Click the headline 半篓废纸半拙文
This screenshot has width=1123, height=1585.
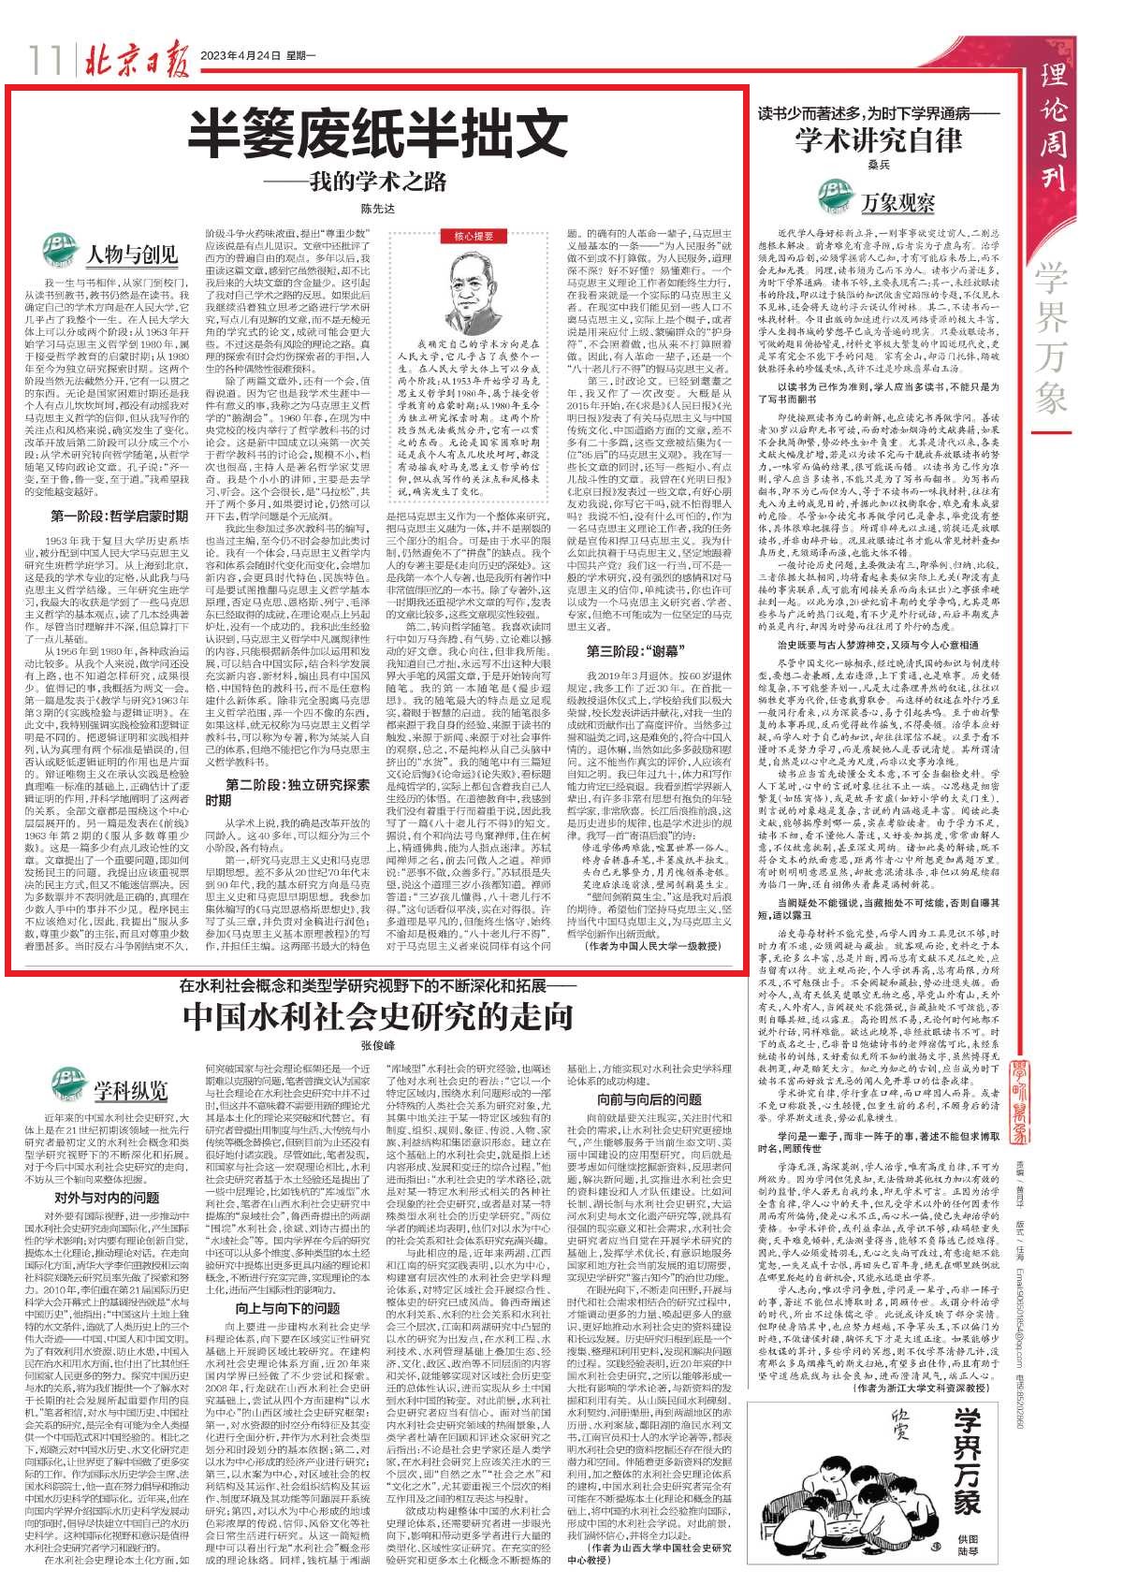(376, 135)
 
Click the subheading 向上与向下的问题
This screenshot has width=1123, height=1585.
(287, 1307)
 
